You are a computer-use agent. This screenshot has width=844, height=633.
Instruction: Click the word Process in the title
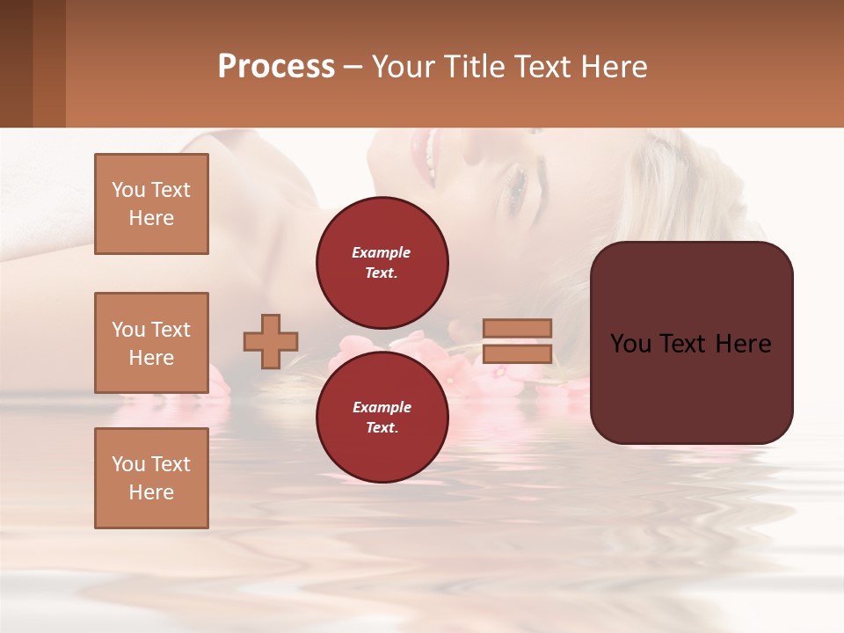point(276,67)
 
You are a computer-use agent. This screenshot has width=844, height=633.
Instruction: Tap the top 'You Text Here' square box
point(151,204)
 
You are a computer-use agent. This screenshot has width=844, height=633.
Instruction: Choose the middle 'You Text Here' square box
point(151,343)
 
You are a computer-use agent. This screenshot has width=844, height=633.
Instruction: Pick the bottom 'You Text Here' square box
point(151,478)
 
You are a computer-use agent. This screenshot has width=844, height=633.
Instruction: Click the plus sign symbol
point(271,341)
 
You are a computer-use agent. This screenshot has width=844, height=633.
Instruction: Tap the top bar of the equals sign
point(517,328)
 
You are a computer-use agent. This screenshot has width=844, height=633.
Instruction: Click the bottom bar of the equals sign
point(517,353)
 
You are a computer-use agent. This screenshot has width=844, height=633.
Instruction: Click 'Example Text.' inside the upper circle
point(382,263)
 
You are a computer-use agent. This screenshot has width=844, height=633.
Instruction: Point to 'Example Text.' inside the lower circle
point(382,418)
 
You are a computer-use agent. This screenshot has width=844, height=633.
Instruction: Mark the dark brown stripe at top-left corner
point(16,63)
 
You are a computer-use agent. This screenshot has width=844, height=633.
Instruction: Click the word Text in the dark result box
point(690,344)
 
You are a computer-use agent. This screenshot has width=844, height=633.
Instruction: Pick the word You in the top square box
point(128,190)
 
